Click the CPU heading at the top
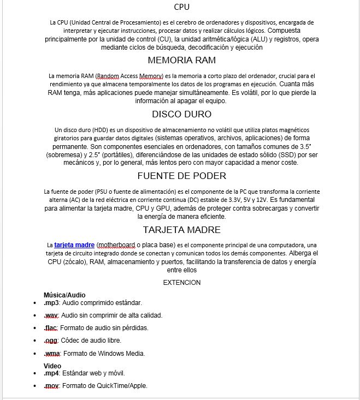pyautogui.click(x=182, y=7)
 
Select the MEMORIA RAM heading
pyautogui.click(x=181, y=60)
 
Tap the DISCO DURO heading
pyautogui.click(x=181, y=115)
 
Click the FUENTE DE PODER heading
pyautogui.click(x=181, y=176)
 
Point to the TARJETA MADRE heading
pyautogui.click(x=181, y=229)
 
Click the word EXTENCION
pyautogui.click(x=182, y=283)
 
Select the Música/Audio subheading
pyautogui.click(x=64, y=295)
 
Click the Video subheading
pyautogui.click(x=52, y=366)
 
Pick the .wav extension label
pyautogui.click(x=51, y=315)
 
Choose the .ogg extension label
pyautogui.click(x=50, y=341)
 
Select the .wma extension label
pyautogui.click(x=52, y=354)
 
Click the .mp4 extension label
pyautogui.click(x=51, y=373)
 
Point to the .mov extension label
pyautogui.click(x=51, y=386)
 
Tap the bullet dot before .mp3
pyautogui.click(x=35, y=303)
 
